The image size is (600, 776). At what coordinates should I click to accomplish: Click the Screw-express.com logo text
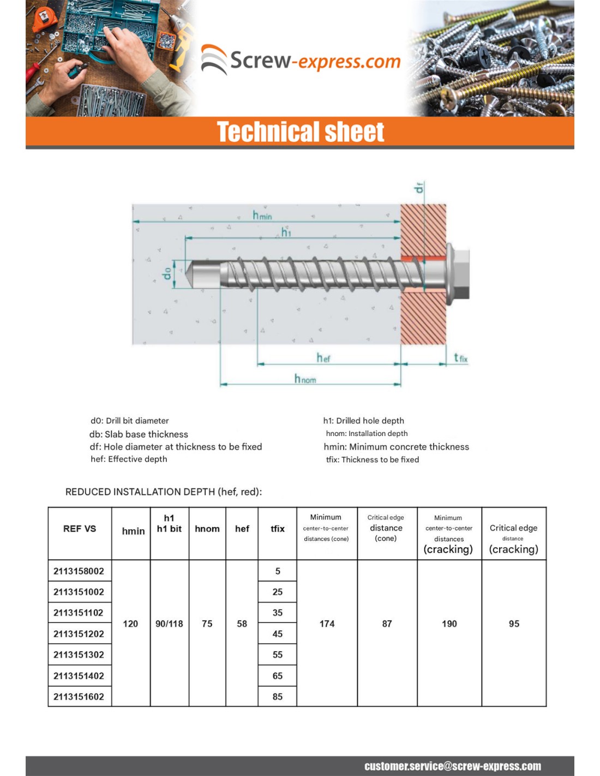(315, 61)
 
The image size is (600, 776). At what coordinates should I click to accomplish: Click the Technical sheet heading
(301, 132)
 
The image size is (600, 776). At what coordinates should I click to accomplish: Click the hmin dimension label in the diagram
(262, 215)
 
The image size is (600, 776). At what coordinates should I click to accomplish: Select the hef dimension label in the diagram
(323, 358)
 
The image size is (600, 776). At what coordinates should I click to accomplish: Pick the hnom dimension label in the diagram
(305, 379)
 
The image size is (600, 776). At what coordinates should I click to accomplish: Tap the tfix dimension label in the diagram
(460, 358)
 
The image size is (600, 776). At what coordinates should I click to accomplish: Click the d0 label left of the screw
(167, 272)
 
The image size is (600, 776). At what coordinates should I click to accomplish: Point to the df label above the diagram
(419, 188)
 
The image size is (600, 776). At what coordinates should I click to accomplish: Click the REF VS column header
(80, 529)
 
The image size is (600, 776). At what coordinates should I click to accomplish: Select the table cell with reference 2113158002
(79, 571)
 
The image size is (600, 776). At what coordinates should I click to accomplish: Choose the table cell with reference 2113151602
(79, 696)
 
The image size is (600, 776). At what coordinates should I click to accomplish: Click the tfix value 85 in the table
(278, 696)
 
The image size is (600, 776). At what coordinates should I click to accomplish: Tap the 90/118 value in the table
(169, 624)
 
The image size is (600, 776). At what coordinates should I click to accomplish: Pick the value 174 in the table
(327, 624)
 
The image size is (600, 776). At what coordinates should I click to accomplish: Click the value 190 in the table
(449, 624)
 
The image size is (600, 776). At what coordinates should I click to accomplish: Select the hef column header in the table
(242, 529)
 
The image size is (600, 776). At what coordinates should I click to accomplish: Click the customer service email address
(453, 766)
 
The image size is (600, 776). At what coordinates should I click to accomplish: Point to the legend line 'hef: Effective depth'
(129, 459)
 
